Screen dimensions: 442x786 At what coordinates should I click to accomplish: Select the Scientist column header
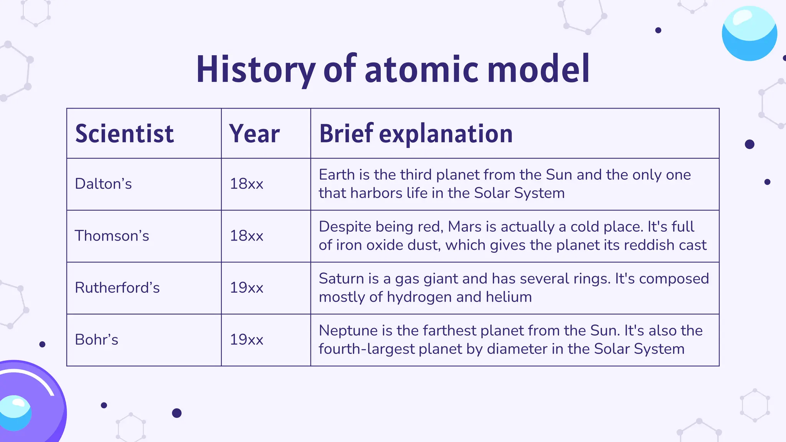[124, 134]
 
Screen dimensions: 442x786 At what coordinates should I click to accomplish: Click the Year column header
[254, 134]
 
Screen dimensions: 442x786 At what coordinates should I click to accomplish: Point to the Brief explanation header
[416, 134]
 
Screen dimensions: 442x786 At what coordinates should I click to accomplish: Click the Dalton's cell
[103, 184]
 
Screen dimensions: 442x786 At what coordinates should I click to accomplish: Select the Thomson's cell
[112, 236]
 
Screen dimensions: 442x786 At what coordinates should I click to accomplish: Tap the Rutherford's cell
[117, 288]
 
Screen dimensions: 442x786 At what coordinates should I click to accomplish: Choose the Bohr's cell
[96, 340]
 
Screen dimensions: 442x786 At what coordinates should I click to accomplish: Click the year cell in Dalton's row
[246, 184]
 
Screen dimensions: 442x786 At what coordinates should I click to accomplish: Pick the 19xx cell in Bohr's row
[246, 340]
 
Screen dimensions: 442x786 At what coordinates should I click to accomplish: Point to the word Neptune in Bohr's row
[343, 331]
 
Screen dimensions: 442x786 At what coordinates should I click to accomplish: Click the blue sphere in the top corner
[749, 34]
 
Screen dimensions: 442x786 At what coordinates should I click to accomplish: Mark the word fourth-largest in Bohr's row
[367, 349]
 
